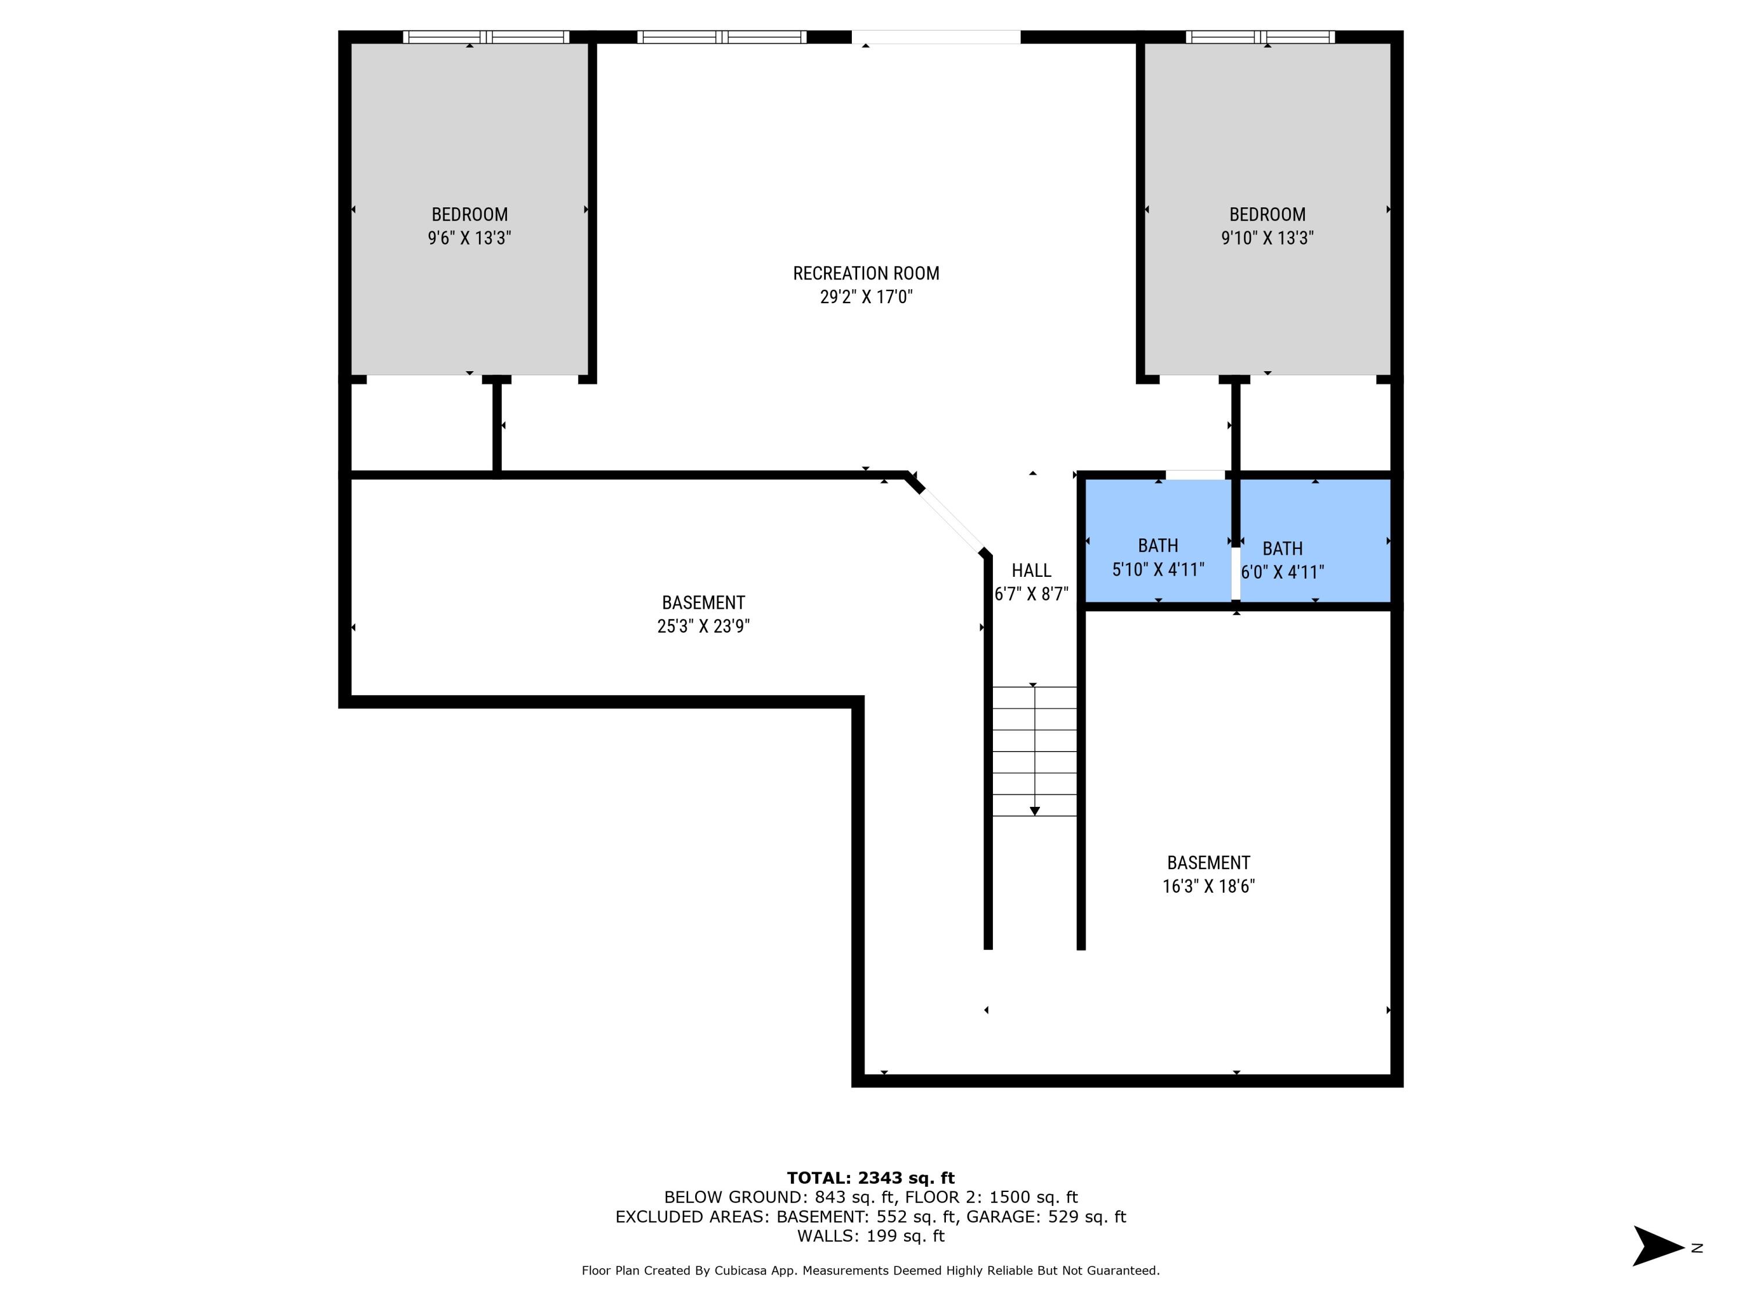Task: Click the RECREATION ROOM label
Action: [x=866, y=274]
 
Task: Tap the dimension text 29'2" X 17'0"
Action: [x=866, y=297]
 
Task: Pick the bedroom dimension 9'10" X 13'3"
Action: [x=1266, y=238]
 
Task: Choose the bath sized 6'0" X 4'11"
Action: [x=1282, y=560]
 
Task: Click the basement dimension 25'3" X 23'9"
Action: [x=703, y=626]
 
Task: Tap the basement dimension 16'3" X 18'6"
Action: [x=1208, y=886]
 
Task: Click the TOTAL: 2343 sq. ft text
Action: [x=870, y=1178]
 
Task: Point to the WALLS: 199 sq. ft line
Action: [x=870, y=1236]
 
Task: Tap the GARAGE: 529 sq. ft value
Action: [x=1046, y=1216]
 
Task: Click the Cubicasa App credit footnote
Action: [x=870, y=1270]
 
